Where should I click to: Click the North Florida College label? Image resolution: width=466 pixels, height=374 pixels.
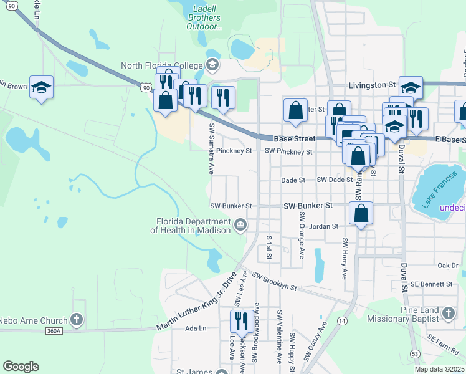click(x=162, y=65)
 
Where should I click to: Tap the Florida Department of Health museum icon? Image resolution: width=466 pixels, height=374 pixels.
click(x=240, y=224)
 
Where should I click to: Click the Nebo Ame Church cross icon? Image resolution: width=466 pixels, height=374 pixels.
click(x=77, y=321)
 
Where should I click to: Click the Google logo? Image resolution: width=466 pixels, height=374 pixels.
click(x=21, y=367)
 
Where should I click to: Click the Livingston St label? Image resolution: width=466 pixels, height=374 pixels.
click(x=372, y=84)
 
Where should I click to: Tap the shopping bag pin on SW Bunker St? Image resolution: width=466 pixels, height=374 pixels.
click(x=361, y=214)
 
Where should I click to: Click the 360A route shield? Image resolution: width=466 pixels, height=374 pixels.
click(x=54, y=331)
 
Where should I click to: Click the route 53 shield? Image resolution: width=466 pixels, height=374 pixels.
click(x=414, y=354)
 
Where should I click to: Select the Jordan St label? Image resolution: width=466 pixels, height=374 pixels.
click(x=323, y=227)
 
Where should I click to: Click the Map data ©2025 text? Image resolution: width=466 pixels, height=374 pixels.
click(x=439, y=369)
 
